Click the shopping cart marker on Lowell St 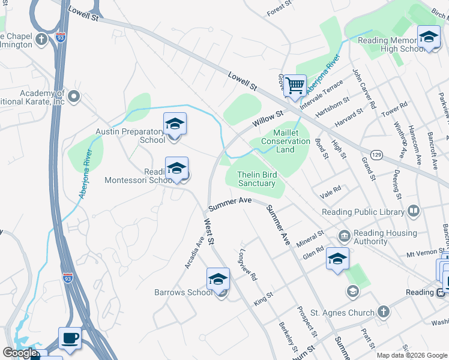coord(295,85)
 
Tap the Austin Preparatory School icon coord(175,124)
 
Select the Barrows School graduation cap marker coord(218,279)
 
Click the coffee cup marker coord(70,338)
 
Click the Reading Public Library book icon coord(413,211)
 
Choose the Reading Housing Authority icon coord(345,235)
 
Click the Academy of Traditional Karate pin coord(74,96)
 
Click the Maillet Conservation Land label coord(286,141)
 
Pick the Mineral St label coord(310,236)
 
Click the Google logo coord(20,352)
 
